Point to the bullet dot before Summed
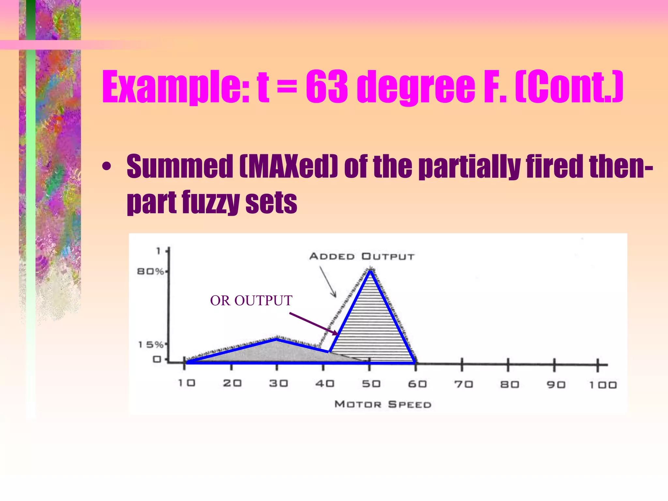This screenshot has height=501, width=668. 106,167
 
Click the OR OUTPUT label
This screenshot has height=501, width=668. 251,300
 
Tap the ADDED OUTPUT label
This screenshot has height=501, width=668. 362,256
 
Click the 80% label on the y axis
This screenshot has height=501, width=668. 150,271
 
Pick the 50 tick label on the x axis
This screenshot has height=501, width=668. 371,384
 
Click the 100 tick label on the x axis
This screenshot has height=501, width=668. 603,385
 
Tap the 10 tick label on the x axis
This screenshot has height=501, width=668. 187,383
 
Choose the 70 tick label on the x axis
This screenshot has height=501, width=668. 463,384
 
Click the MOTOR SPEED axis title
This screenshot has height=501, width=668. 383,404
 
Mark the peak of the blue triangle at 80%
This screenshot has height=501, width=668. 370,271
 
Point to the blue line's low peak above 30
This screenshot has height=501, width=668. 277,340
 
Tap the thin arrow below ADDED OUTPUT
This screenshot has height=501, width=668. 328,282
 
